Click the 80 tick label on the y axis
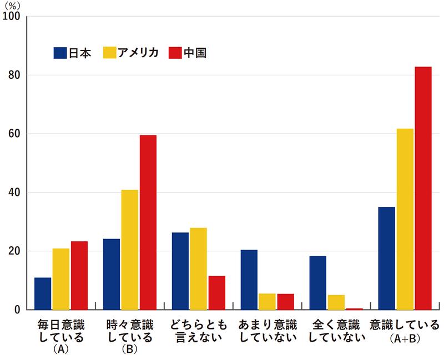tap(13, 75)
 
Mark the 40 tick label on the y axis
tap(13, 192)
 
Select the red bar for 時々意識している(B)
tap(148, 222)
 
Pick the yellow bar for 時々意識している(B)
tap(129, 250)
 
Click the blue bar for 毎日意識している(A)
tap(43, 293)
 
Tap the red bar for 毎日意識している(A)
tap(79, 275)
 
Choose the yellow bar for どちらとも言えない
tap(198, 268)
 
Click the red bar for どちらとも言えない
tap(216, 292)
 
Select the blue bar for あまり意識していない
tap(249, 280)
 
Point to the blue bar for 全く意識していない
tap(318, 283)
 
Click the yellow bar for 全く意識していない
tap(336, 302)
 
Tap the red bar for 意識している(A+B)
tap(423, 188)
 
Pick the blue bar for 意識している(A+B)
tap(386, 258)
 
